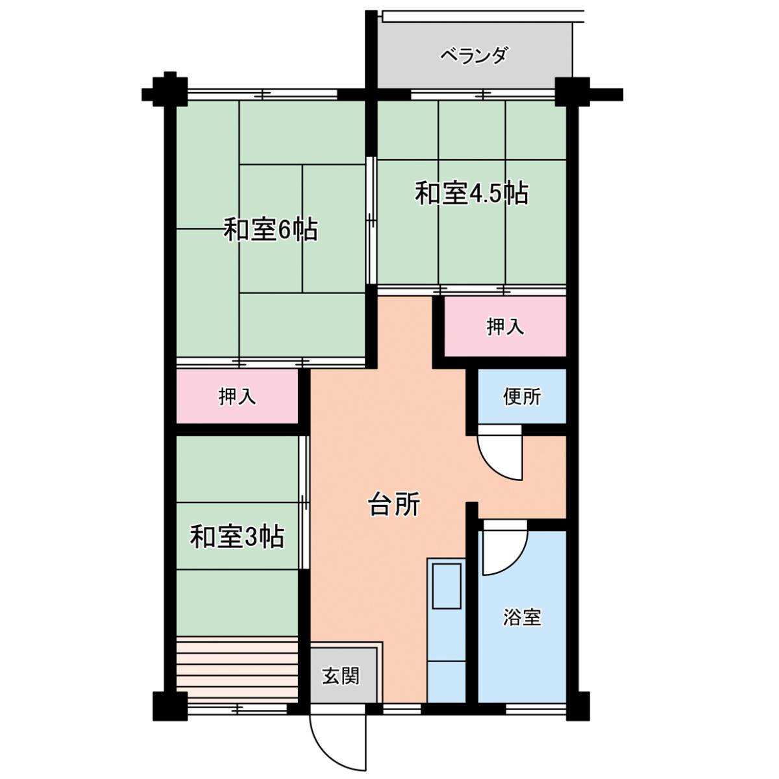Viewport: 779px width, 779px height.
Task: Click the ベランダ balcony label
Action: [x=473, y=56]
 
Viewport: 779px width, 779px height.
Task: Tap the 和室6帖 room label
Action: [x=271, y=230]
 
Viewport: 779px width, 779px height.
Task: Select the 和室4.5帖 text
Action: [x=472, y=193]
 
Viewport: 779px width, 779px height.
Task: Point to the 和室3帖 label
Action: [x=237, y=536]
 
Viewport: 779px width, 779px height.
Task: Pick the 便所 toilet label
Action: [x=522, y=397]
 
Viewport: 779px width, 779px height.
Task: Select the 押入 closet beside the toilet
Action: [x=505, y=327]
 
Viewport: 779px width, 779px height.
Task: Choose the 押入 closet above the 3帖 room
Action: [x=237, y=396]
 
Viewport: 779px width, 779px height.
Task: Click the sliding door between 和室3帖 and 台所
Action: [x=305, y=503]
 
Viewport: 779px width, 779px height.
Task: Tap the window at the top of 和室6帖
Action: [x=263, y=95]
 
